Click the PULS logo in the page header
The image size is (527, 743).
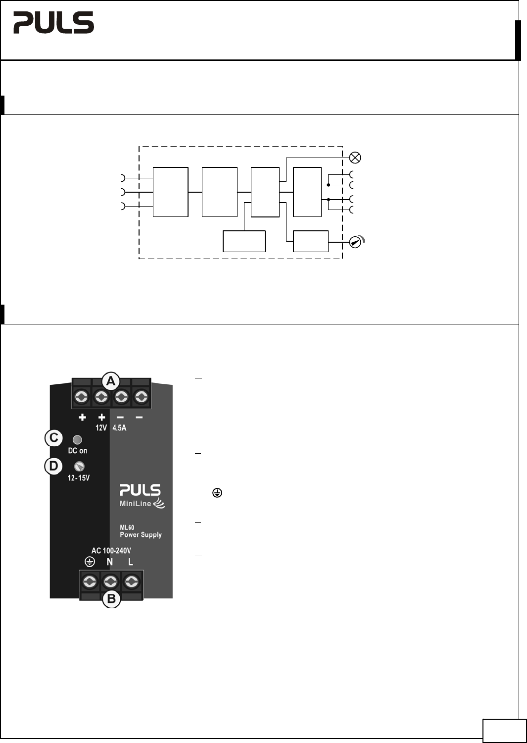coord(54,23)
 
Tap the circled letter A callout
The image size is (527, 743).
coord(111,381)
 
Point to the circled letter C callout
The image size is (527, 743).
coord(54,438)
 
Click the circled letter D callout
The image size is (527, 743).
coord(53,466)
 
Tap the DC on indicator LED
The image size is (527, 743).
coord(77,440)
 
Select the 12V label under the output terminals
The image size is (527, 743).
coord(101,428)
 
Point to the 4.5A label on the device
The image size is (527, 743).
coord(119,428)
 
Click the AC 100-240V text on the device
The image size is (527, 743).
coord(111,551)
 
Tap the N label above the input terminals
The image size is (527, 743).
coord(110,562)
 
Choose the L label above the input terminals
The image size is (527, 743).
coord(131,562)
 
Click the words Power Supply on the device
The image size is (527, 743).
coord(141,534)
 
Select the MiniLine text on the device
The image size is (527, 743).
coord(135,504)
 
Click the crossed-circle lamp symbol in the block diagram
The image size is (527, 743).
coord(355,158)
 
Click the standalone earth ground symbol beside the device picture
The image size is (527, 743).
coord(217,493)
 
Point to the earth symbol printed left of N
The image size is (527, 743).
coord(90,562)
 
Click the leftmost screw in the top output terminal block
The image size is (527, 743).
coord(82,397)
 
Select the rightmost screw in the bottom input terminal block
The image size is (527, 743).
coord(132,582)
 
